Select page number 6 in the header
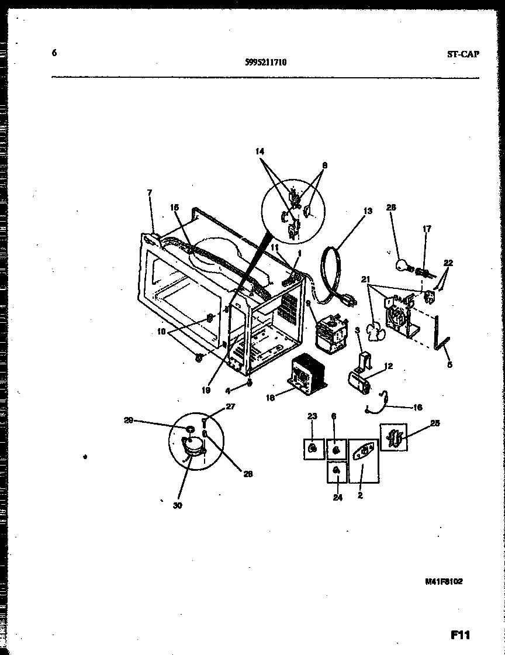coord(54,53)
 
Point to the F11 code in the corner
coord(461,635)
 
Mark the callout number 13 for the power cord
coord(367,212)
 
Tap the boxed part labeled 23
coord(313,449)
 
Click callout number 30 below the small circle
coord(177,505)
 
